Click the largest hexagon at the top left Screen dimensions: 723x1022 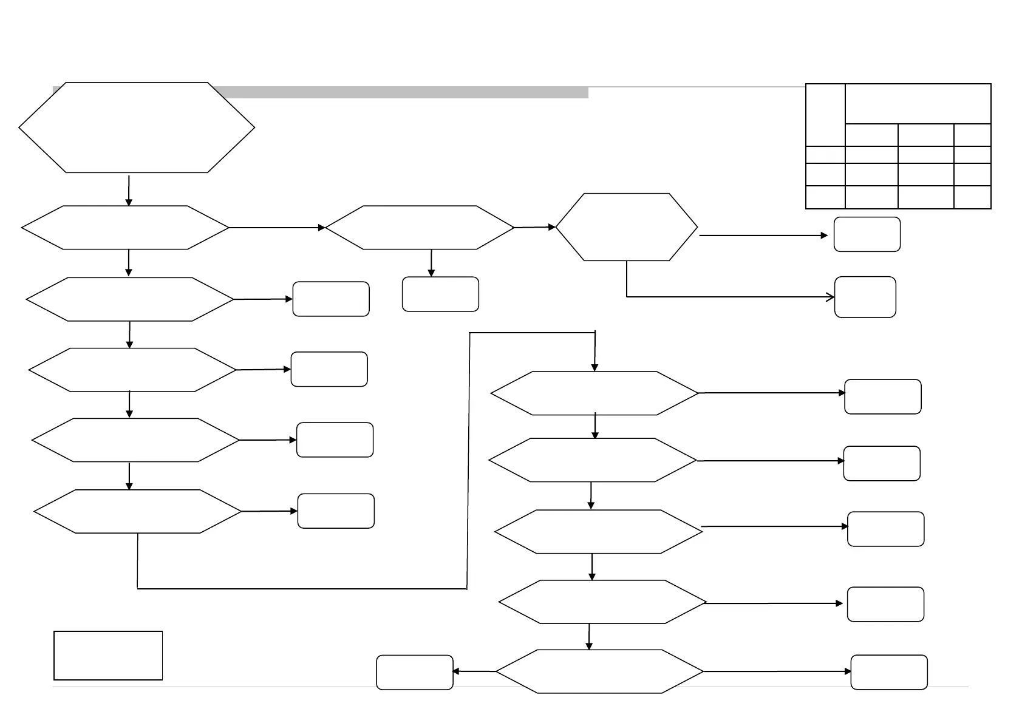click(137, 127)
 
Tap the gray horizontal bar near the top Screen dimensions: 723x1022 click(401, 92)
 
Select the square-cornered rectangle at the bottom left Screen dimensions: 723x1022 click(108, 655)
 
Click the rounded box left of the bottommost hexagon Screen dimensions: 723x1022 click(415, 672)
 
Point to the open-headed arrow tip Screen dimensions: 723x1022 click(831, 297)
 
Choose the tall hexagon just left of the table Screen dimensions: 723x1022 click(627, 227)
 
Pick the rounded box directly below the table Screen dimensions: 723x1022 click(867, 234)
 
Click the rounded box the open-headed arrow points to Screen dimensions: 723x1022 click(865, 297)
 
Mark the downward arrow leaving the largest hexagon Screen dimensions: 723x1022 click(129, 191)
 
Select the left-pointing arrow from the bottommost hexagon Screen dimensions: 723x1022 click(474, 671)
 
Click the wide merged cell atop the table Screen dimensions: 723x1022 click(918, 104)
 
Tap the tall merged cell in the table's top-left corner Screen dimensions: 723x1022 click(825, 115)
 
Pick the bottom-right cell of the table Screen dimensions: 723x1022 click(972, 197)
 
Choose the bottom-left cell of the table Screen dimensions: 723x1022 click(825, 197)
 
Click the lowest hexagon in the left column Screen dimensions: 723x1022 click(138, 511)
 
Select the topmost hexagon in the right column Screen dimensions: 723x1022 click(594, 393)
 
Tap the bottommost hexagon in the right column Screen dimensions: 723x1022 click(600, 671)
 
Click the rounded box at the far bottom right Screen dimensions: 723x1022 click(889, 672)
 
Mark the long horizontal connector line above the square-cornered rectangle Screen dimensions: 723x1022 click(302, 588)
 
